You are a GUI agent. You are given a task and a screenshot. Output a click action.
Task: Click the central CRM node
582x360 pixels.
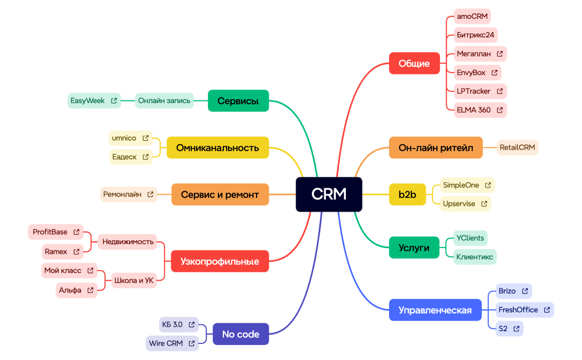click(x=329, y=194)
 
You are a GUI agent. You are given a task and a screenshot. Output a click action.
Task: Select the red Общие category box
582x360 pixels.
click(x=414, y=63)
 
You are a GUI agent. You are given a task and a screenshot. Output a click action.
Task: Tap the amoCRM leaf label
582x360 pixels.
click(x=472, y=16)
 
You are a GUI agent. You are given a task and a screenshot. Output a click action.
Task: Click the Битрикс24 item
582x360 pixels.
click(x=475, y=35)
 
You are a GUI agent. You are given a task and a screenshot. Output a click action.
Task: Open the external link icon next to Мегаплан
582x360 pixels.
click(x=499, y=54)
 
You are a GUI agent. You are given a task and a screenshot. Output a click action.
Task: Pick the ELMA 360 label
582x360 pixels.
click(x=473, y=110)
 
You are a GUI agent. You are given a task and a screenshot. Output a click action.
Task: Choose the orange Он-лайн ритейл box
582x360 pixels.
click(x=436, y=148)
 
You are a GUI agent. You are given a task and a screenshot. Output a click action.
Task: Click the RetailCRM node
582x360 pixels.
click(x=517, y=148)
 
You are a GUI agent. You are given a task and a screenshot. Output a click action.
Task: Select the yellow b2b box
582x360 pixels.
click(x=407, y=194)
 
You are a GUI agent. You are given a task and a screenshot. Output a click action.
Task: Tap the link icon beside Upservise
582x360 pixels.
click(x=484, y=204)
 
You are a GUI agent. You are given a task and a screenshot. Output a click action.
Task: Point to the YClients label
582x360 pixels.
click(x=470, y=238)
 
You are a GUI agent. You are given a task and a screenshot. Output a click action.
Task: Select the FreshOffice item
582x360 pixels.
click(x=518, y=310)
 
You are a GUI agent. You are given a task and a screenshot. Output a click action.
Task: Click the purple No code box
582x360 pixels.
click(x=241, y=334)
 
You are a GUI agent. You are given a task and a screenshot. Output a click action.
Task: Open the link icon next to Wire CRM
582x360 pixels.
click(x=191, y=343)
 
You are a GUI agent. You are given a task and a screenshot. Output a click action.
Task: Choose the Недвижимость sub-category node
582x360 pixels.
click(x=127, y=241)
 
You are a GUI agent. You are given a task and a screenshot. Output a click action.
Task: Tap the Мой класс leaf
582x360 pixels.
click(x=63, y=271)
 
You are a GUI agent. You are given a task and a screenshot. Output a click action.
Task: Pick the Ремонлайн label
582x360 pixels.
click(x=122, y=194)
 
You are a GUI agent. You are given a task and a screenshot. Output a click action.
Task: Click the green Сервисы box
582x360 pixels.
click(x=238, y=101)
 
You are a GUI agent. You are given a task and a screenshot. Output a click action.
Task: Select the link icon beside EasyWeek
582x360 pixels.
click(x=114, y=101)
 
